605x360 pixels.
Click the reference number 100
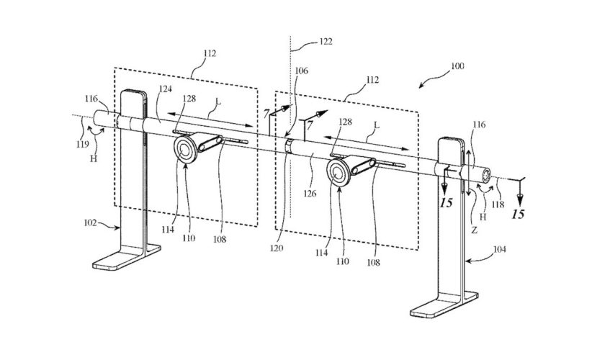pos(457,66)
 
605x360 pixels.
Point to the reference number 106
pos(301,71)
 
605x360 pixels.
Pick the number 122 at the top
pos(325,42)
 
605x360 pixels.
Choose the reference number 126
pos(311,192)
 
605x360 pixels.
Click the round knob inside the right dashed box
pos(339,171)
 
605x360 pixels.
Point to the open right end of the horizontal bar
pos(487,176)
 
